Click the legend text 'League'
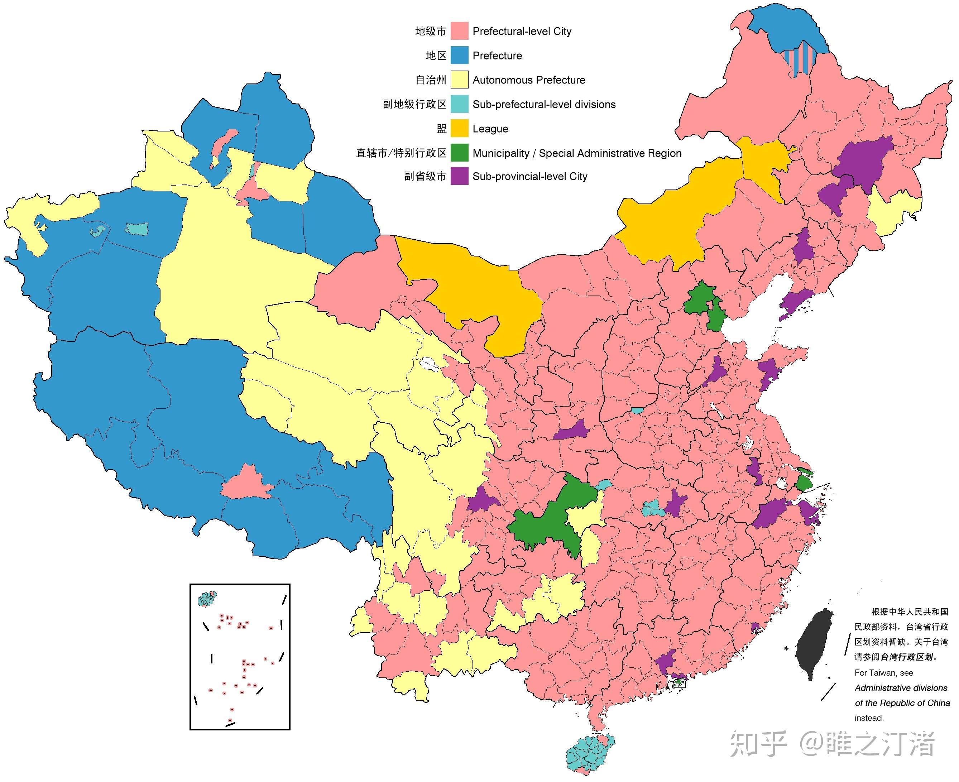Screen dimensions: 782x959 [x=490, y=129]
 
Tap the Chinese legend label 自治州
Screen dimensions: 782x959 [x=430, y=80]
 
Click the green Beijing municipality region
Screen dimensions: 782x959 [x=698, y=299]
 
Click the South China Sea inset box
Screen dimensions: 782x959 [x=240, y=658]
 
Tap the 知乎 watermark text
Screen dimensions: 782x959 [x=758, y=744]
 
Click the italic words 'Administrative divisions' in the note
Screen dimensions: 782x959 [x=901, y=688]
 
